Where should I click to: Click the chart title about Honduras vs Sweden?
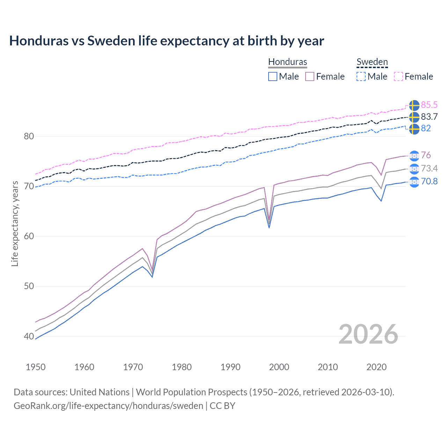click(167, 41)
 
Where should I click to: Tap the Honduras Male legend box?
click(273, 76)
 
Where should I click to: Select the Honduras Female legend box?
click(310, 76)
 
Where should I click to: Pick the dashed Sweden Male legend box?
click(361, 76)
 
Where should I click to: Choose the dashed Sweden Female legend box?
click(398, 76)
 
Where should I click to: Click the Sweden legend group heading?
click(372, 62)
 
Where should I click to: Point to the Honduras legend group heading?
click(287, 62)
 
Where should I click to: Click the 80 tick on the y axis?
click(29, 136)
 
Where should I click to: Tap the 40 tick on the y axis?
click(29, 336)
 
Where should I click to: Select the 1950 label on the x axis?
click(36, 367)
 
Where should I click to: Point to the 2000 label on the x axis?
click(279, 367)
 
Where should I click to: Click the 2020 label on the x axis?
click(376, 367)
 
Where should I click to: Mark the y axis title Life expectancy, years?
click(15, 223)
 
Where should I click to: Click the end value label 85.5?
click(429, 105)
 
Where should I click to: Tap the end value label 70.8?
click(429, 181)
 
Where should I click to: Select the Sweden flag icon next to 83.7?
click(414, 117)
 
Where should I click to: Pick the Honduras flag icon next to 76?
click(414, 155)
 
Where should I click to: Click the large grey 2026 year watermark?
click(368, 334)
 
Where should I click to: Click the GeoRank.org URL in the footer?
click(108, 406)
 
